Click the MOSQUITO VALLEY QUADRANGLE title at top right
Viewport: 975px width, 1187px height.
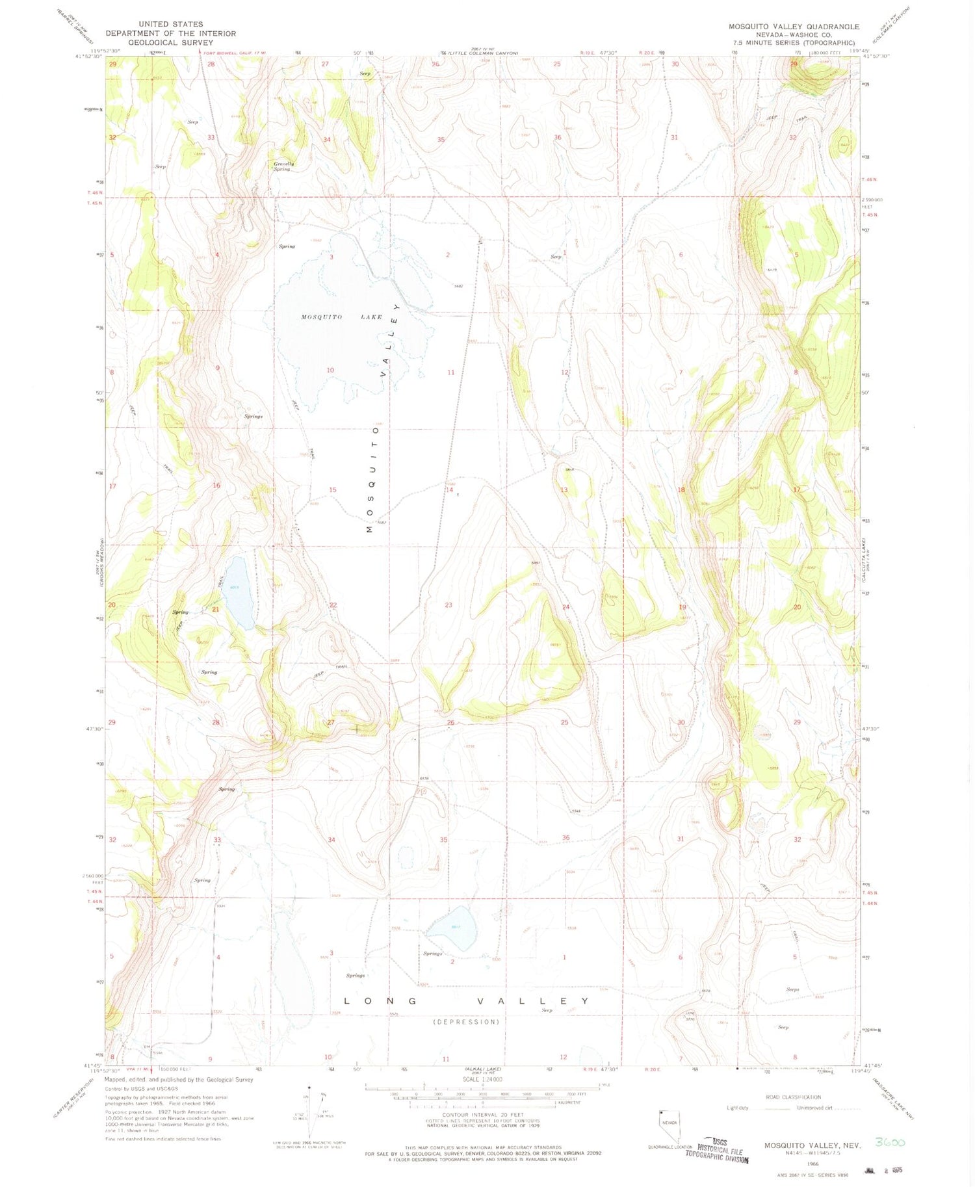(x=794, y=27)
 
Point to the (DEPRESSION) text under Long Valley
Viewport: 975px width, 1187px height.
(x=467, y=1021)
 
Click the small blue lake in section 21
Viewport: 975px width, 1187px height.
(x=238, y=593)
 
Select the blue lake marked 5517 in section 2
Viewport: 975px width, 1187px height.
(x=456, y=928)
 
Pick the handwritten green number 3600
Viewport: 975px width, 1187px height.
(x=890, y=1141)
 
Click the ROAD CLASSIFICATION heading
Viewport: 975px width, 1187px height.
(x=793, y=1097)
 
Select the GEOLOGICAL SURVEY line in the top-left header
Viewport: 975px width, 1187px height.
(x=170, y=42)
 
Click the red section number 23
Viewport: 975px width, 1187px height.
(x=448, y=605)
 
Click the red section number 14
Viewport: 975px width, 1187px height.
(x=449, y=489)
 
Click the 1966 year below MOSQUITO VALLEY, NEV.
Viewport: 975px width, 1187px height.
(x=812, y=1164)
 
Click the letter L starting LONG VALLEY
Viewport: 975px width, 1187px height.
(x=347, y=1001)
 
